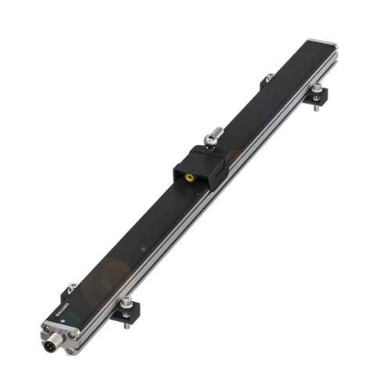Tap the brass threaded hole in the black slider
(191, 178)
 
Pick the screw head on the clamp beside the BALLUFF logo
(73, 286)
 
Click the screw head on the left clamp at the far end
(270, 76)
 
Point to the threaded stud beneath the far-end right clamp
(316, 107)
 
